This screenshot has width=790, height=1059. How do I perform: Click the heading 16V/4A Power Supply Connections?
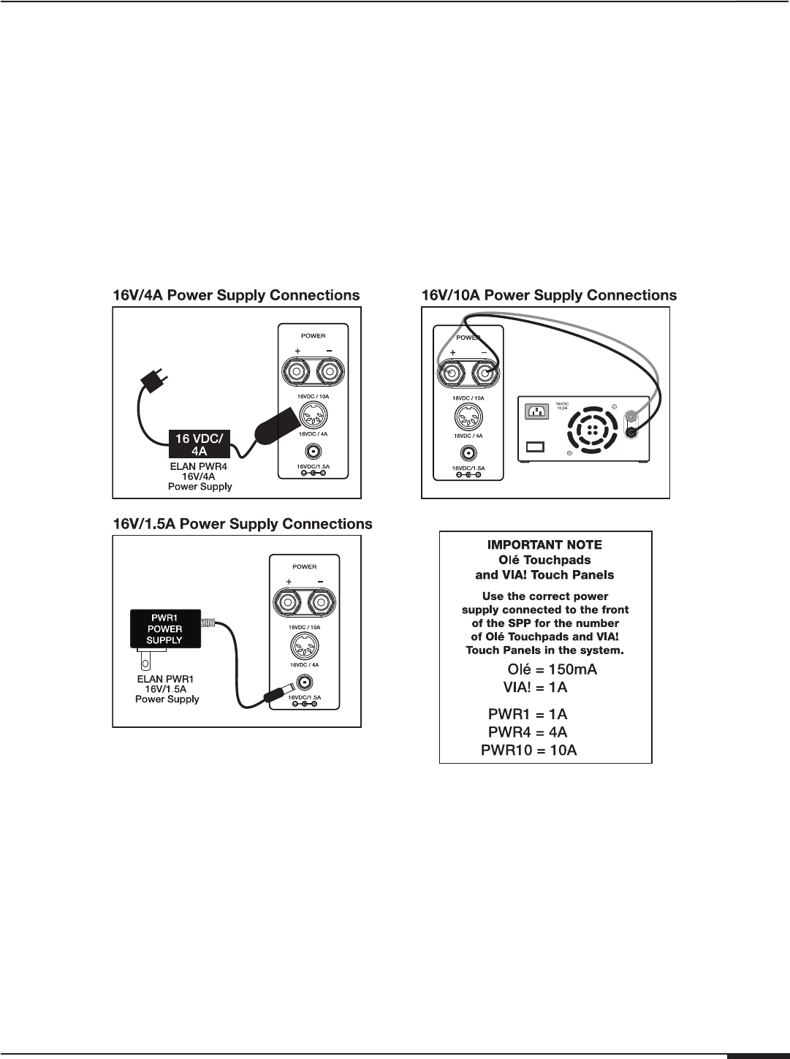point(235,295)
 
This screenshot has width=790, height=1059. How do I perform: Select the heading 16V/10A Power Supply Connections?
point(550,295)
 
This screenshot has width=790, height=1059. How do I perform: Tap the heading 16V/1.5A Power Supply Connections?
point(242,524)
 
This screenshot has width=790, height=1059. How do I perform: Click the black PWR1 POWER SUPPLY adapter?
point(164,629)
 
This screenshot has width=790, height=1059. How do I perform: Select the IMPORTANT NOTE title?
point(545,544)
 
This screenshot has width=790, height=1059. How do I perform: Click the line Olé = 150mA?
point(552,669)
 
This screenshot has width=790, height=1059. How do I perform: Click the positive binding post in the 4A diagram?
point(297,373)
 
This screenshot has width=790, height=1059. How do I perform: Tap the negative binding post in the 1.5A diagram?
point(322,603)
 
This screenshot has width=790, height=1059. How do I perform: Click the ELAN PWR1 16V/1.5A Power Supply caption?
point(167,688)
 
